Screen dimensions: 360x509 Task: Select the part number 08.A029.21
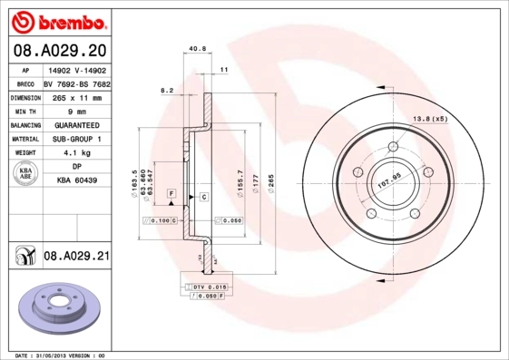click(x=76, y=257)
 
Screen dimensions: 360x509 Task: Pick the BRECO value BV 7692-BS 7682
click(x=76, y=83)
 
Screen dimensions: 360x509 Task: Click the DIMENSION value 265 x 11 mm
click(x=76, y=97)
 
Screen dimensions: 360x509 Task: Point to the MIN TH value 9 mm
click(x=76, y=111)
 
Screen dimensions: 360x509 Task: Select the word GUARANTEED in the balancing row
click(x=76, y=124)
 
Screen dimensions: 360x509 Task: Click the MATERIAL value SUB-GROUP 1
click(x=76, y=139)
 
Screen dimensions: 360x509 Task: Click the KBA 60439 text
click(x=76, y=181)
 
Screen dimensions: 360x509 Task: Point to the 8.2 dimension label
click(x=167, y=91)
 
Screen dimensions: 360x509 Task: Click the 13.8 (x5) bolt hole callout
click(x=431, y=119)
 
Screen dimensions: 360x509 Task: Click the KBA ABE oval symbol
click(x=26, y=175)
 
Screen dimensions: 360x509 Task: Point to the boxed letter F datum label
click(x=171, y=195)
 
